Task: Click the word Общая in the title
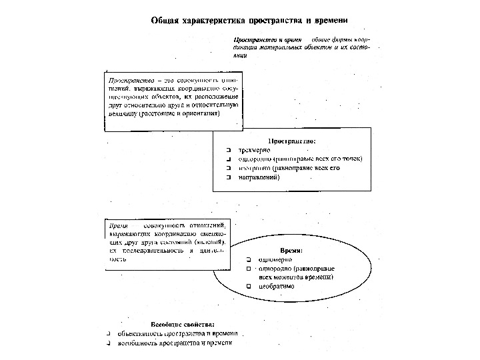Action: [165, 21]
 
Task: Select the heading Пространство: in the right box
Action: [292, 141]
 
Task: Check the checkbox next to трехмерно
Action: [228, 150]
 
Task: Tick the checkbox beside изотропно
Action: [228, 169]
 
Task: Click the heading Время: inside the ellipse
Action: [291, 249]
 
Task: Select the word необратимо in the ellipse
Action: [277, 287]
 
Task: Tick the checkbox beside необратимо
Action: [247, 287]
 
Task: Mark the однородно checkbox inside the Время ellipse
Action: [247, 268]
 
